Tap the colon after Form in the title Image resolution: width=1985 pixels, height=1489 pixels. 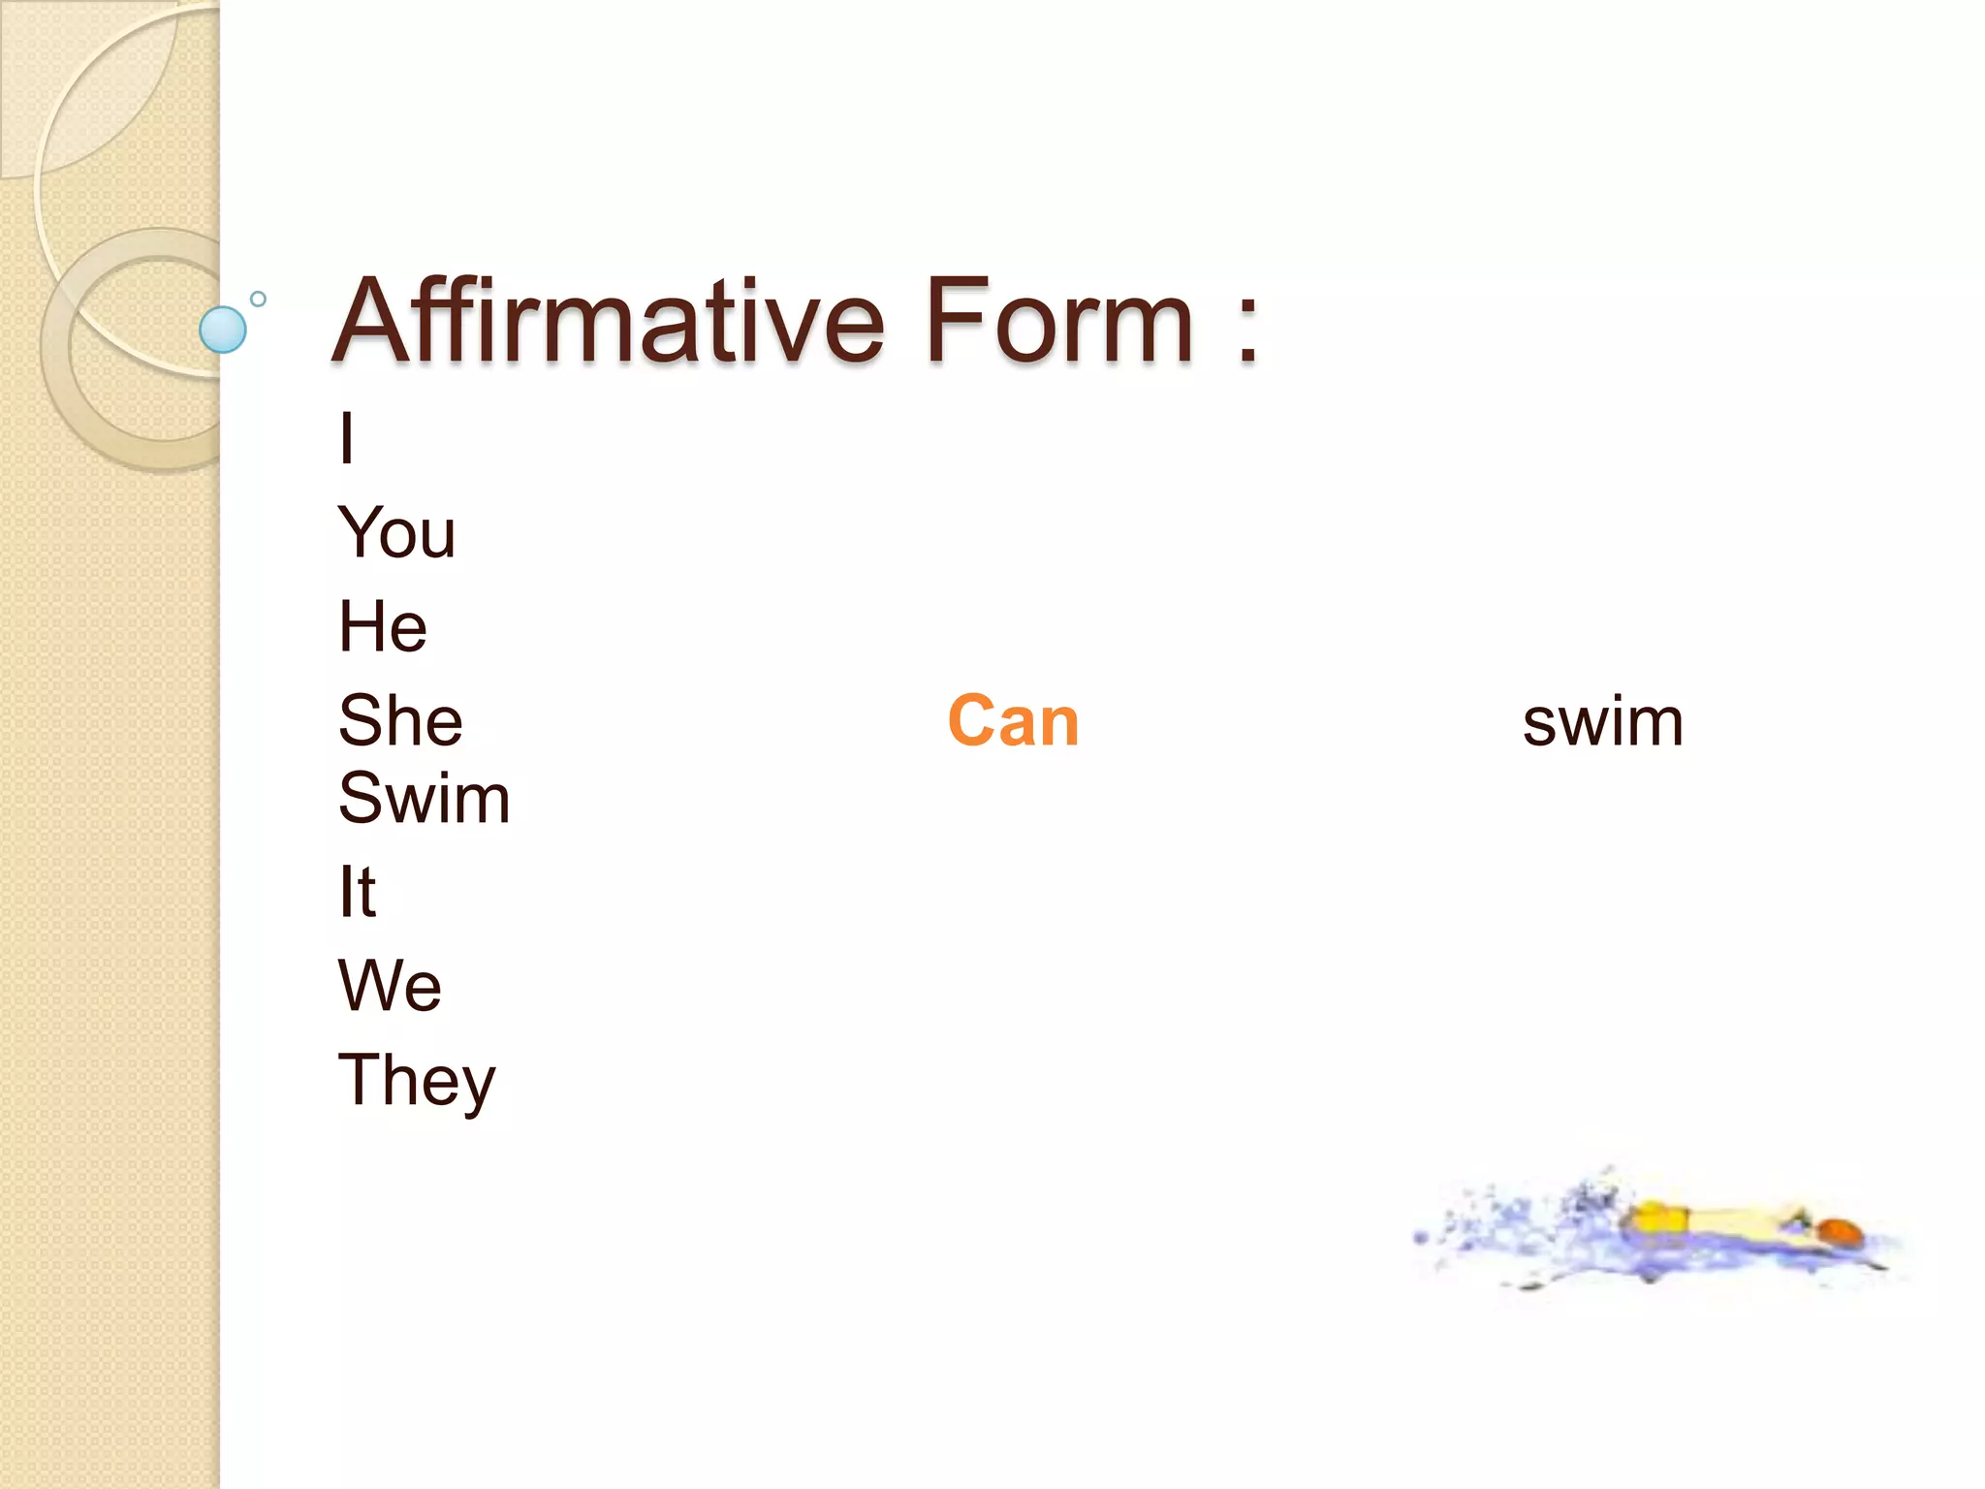(1247, 330)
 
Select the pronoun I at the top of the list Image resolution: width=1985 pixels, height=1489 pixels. (347, 438)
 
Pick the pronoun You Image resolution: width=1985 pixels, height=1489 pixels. (396, 533)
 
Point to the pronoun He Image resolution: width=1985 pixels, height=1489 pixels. (382, 627)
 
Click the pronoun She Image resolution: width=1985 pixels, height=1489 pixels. (400, 721)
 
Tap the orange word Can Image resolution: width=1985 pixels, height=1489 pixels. (1013, 721)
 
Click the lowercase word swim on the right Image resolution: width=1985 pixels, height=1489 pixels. (1602, 723)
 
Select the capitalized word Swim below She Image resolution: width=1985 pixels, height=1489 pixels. (424, 799)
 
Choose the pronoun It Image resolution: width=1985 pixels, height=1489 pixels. (357, 892)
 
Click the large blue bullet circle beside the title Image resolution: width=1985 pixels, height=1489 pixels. (223, 330)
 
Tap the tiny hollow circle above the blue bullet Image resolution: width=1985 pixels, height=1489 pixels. (258, 299)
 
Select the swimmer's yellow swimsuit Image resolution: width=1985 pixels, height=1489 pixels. (1658, 1219)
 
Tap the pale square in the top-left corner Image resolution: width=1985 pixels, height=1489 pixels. (58, 78)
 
